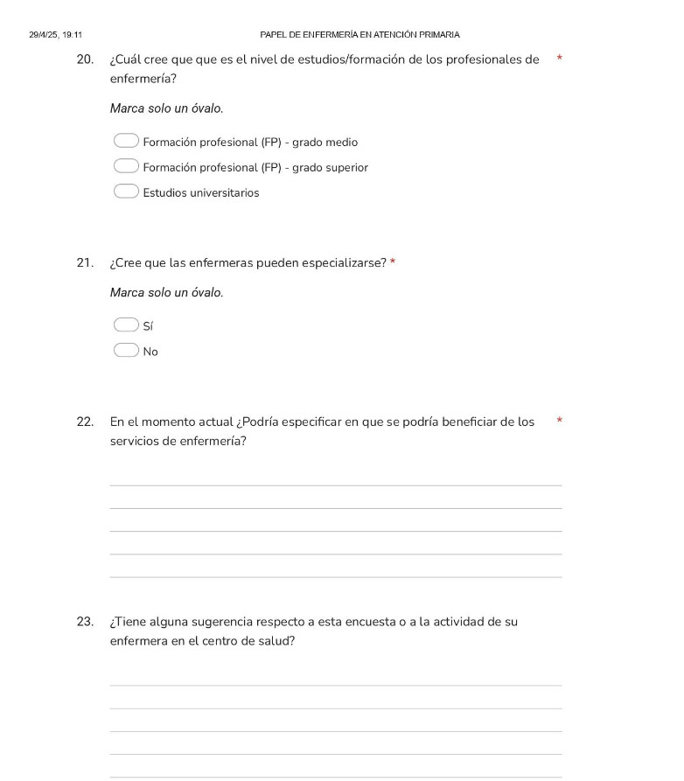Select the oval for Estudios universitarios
(126, 192)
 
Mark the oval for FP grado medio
(126, 141)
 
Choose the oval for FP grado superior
(126, 166)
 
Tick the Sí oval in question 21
(126, 325)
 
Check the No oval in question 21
(126, 351)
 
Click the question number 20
(85, 59)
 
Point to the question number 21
(85, 262)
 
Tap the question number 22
(85, 422)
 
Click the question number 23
(85, 622)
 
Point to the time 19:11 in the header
(73, 35)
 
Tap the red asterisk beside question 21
(394, 262)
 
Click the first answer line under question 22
(336, 485)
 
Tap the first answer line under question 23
(336, 685)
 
